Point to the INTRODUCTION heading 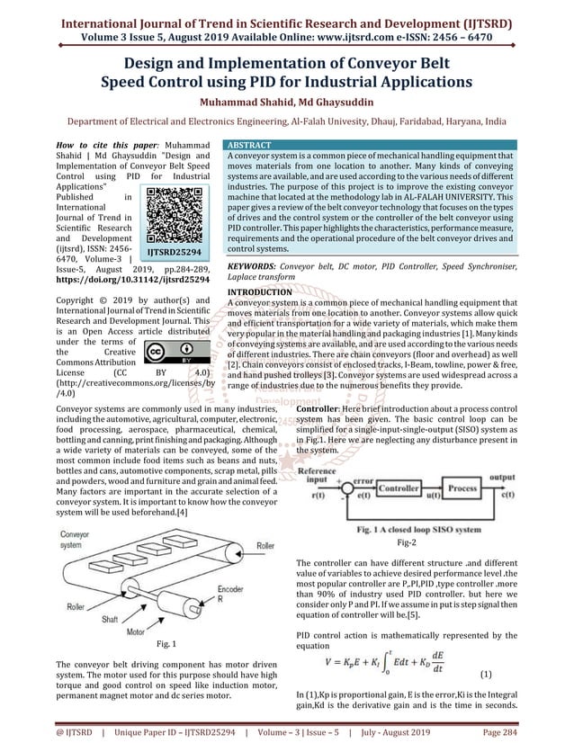coord(260,292)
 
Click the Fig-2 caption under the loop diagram coord(408,543)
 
